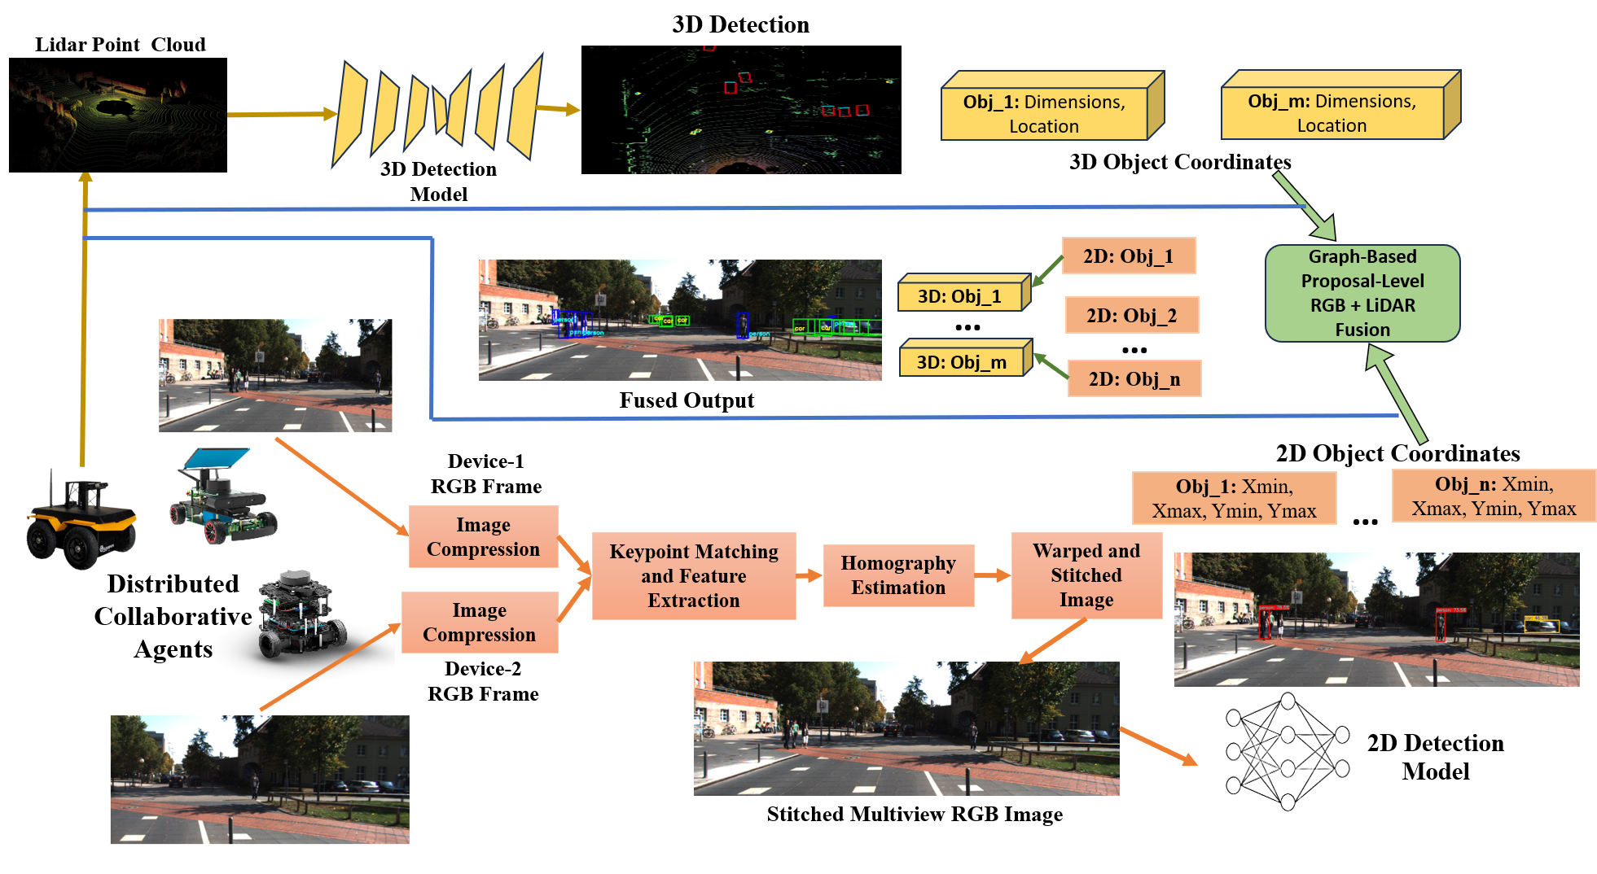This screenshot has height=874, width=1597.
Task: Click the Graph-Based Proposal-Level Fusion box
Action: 1362,293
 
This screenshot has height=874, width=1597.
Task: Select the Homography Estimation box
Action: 898,575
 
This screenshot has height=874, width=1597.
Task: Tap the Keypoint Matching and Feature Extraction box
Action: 693,576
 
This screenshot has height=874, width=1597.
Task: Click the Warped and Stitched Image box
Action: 1086,575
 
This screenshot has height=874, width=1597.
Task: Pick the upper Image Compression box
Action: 483,537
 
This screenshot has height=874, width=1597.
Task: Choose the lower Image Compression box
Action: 480,623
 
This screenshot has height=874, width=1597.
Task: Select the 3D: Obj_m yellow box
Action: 963,361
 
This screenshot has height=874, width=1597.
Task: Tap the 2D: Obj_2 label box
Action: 1131,316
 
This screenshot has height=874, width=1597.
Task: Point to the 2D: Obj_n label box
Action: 1134,378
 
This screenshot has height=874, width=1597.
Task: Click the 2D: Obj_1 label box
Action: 1128,256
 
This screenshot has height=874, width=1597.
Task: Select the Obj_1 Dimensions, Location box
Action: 1045,113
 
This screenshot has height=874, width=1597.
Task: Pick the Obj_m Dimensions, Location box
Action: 1332,112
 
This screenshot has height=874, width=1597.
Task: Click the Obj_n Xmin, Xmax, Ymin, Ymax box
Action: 1494,496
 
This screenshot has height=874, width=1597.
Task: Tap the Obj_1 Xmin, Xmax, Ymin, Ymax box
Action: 1234,498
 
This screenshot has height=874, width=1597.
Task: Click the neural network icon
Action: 1287,752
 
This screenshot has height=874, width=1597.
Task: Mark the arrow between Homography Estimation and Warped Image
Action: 992,576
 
